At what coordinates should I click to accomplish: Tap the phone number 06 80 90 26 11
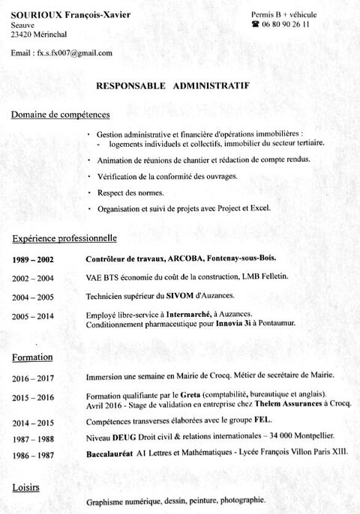tap(284, 25)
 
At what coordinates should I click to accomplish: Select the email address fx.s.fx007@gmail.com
tap(73, 53)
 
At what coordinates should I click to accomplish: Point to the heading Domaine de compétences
tap(61, 115)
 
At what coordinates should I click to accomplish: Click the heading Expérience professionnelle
tap(64, 239)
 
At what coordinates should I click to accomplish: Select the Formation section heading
tap(33, 358)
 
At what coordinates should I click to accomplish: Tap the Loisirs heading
tap(25, 488)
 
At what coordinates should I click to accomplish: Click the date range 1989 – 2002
tap(33, 259)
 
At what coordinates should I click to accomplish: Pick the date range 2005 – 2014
tap(33, 316)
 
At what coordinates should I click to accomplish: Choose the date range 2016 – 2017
tap(33, 376)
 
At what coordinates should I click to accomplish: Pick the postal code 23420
tap(22, 34)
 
